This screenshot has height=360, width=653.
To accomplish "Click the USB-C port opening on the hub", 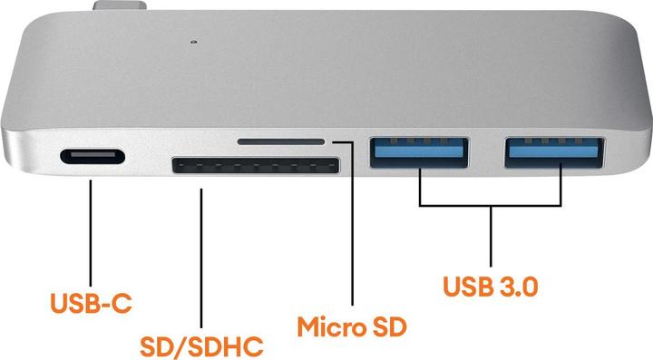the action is pyautogui.click(x=92, y=158).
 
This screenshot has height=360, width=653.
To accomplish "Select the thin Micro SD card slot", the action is pyautogui.click(x=280, y=141).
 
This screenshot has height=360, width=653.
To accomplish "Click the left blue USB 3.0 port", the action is pyautogui.click(x=419, y=150).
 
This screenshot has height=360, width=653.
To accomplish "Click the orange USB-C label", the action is pyautogui.click(x=92, y=303).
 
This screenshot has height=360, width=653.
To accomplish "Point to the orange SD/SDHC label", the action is pyautogui.click(x=201, y=346).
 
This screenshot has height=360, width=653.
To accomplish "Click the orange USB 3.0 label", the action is pyautogui.click(x=491, y=286).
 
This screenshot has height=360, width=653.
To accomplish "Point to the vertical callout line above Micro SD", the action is pyautogui.click(x=351, y=227).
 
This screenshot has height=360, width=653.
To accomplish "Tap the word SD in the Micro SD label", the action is pyautogui.click(x=385, y=325).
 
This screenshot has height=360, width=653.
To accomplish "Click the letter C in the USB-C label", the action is pyautogui.click(x=122, y=303).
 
